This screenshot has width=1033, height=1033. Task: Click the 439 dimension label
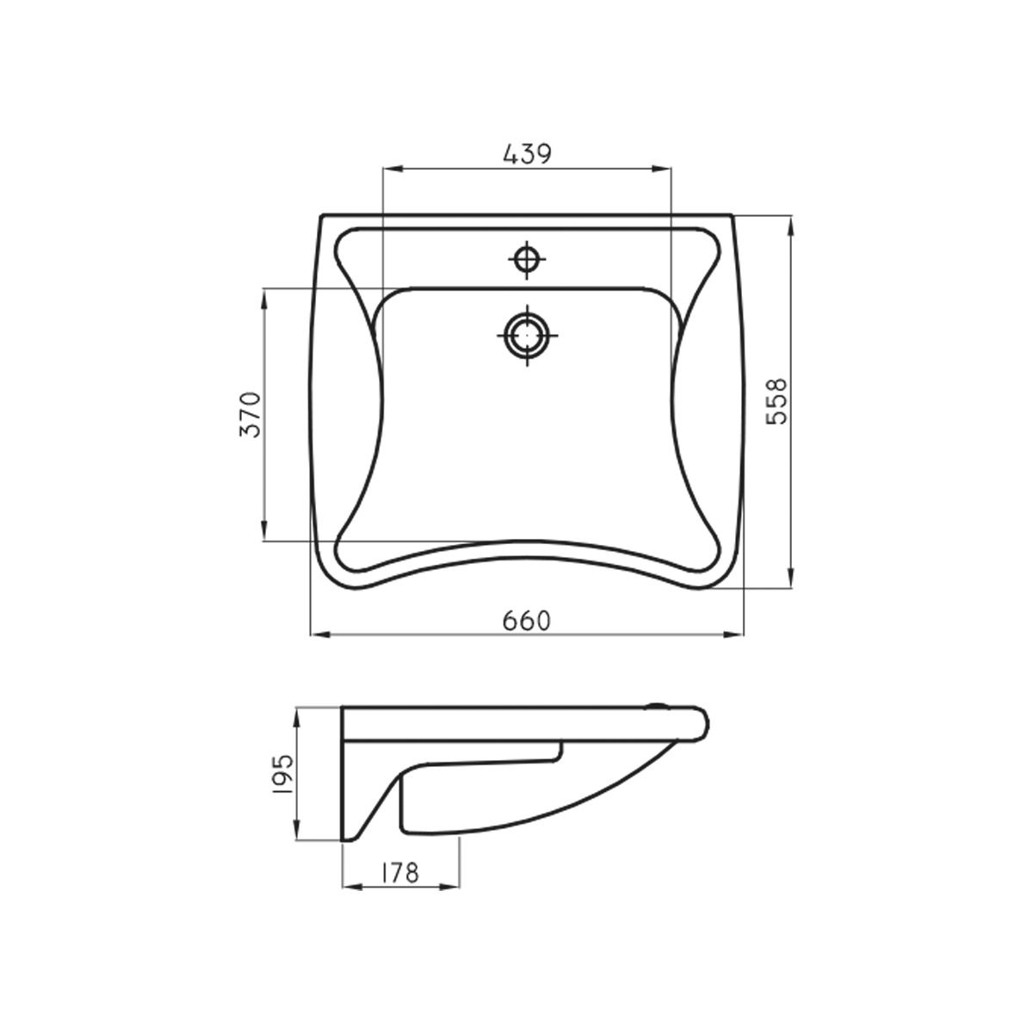[x=528, y=155]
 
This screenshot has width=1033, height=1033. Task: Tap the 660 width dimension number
[x=527, y=622]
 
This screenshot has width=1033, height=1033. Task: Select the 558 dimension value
[x=776, y=401]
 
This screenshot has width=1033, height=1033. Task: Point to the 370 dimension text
[x=251, y=414]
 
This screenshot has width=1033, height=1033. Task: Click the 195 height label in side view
[x=283, y=774]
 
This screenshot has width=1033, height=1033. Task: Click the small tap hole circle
[x=527, y=260]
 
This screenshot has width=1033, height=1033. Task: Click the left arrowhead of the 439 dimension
[x=393, y=170]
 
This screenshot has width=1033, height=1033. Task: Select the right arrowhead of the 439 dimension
[x=661, y=170]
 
